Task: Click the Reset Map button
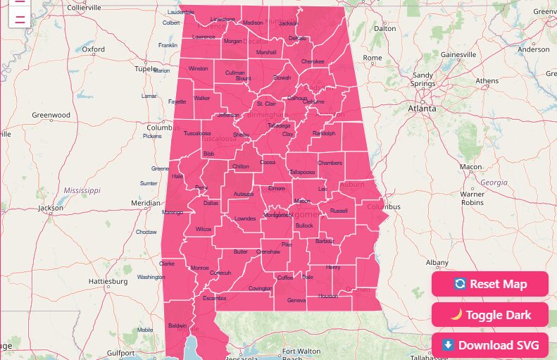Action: (x=490, y=284)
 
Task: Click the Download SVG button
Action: (x=490, y=345)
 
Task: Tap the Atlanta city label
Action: (x=422, y=108)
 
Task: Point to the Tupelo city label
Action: (x=146, y=69)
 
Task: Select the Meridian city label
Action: (x=146, y=203)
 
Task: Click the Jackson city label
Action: (x=51, y=208)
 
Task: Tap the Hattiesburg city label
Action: (x=108, y=281)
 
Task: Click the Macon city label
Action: (x=470, y=167)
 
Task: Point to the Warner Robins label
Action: (x=472, y=198)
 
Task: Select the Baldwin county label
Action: (x=177, y=325)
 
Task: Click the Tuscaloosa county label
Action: (x=197, y=133)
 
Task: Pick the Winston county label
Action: (x=199, y=69)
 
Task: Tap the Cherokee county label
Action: (x=313, y=61)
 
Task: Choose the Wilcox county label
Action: (x=204, y=230)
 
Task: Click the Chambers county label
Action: (x=330, y=163)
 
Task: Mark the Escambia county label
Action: (x=214, y=298)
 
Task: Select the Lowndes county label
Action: (x=245, y=218)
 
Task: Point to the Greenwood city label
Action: (x=51, y=115)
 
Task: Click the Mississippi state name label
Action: (x=82, y=191)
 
